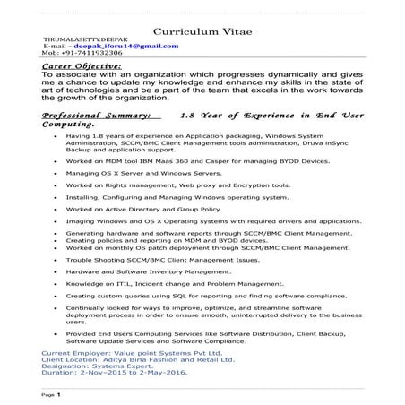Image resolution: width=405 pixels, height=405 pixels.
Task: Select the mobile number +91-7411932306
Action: click(x=73, y=53)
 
